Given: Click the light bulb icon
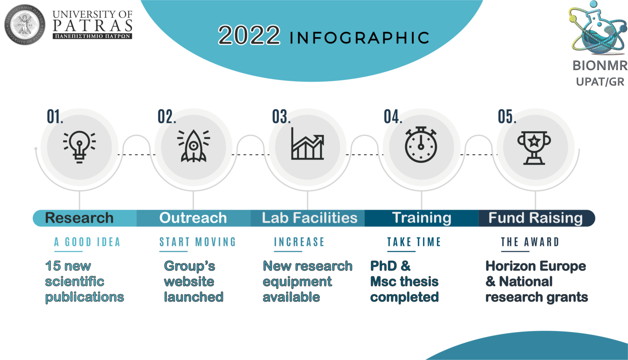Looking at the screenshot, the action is coord(79,147).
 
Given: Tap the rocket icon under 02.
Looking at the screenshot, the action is coord(193,146).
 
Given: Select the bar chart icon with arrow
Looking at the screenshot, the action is coord(307,144).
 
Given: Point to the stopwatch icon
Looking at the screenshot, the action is coord(421,145).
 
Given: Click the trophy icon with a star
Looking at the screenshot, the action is coord(534,148).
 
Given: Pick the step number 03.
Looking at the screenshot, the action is coord(281,116).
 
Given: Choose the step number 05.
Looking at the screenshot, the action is coord(507,116).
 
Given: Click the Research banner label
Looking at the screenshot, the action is coord(79,218).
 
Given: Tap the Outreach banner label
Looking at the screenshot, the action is coord(193,218).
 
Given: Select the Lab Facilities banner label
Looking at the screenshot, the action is coord(310,218).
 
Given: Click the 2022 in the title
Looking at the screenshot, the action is coord(249,35).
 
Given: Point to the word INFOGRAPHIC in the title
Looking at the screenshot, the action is coord(359,38).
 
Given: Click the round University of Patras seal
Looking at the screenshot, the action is coord(25,25).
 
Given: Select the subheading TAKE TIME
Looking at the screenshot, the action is coord(414,242).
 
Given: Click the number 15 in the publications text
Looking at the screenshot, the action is coord(53,266).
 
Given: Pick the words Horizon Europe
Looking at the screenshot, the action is coord(536,266).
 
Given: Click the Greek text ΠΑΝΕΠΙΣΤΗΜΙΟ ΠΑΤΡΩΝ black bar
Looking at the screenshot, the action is coord(92,36).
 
